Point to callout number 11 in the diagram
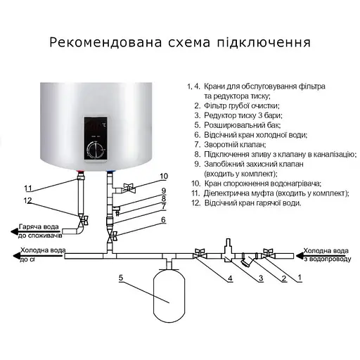click(x=29, y=188)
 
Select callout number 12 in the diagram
click(x=29, y=201)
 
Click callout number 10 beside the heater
click(x=164, y=176)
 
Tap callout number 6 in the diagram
click(x=163, y=220)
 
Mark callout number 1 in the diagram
click(x=300, y=278)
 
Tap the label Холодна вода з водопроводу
click(x=326, y=253)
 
